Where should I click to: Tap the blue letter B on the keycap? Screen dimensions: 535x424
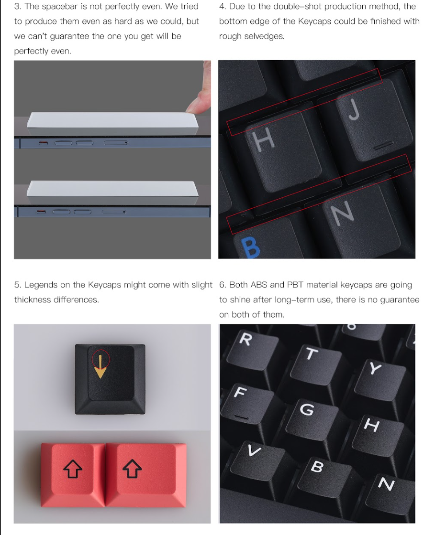(250, 247)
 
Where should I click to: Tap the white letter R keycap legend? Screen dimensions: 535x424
(245, 339)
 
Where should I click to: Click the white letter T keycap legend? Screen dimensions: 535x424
(311, 354)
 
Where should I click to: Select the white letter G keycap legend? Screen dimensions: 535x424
(307, 409)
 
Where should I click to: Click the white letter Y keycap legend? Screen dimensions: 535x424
(375, 368)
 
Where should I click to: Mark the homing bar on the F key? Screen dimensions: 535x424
(242, 417)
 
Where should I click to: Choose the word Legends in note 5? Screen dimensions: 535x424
(41, 285)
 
